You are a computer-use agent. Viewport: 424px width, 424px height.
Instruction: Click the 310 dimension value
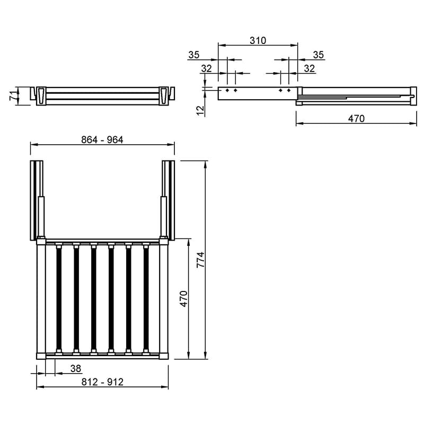coord(258,41)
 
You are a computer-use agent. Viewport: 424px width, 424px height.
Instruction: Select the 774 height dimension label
coord(201,260)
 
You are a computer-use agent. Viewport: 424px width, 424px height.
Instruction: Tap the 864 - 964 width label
coord(102,139)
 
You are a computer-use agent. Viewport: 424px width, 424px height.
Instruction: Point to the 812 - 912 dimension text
coord(102,382)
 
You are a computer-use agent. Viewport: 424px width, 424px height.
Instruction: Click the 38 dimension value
coord(76,368)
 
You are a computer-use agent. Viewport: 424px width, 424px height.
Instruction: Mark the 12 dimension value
coord(200,110)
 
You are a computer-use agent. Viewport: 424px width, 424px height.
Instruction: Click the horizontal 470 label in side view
coord(356,118)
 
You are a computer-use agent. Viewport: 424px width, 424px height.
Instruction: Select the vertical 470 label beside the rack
coord(183,299)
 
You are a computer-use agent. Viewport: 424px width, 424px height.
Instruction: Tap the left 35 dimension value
coord(194,55)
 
